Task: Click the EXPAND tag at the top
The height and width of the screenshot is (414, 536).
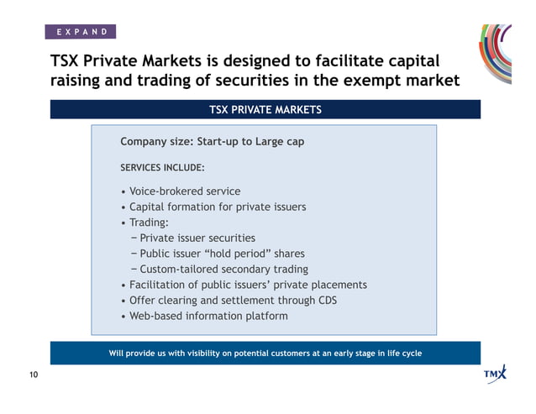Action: (81, 32)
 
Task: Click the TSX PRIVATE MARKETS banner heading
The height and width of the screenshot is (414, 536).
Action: (265, 110)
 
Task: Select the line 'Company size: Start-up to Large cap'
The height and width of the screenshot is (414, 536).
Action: (212, 142)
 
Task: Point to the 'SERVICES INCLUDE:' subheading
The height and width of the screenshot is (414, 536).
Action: (162, 167)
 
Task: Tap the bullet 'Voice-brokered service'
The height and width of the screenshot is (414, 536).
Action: (184, 191)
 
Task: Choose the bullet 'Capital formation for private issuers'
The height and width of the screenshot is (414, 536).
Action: (217, 207)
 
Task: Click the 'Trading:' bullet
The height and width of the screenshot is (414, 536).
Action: (148, 223)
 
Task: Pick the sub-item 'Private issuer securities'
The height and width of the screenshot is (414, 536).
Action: (197, 238)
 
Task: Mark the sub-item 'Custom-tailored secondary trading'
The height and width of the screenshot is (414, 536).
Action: (223, 270)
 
